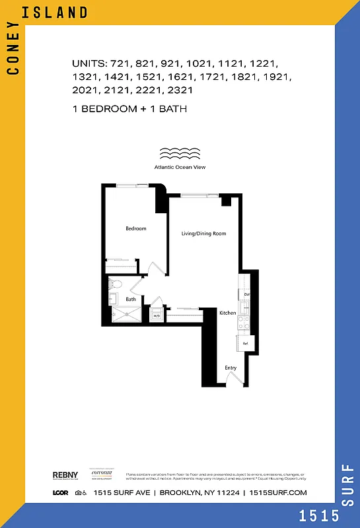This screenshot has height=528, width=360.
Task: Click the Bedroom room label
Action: [x=136, y=229]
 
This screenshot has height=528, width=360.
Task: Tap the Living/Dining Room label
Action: [x=204, y=234]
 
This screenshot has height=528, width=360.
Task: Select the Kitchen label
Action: [x=228, y=313]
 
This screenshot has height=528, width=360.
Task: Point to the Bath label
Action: [x=131, y=300]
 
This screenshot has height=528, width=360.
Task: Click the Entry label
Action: [x=231, y=368]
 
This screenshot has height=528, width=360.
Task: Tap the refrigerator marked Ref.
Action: [x=245, y=344]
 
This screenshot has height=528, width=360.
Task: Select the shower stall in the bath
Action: [x=126, y=315]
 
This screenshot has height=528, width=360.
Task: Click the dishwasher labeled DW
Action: [x=246, y=294]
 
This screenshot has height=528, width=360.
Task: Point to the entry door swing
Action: [x=233, y=379]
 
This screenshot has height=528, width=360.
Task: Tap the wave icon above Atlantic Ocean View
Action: [x=180, y=154]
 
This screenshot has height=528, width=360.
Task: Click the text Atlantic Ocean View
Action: [x=180, y=168]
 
